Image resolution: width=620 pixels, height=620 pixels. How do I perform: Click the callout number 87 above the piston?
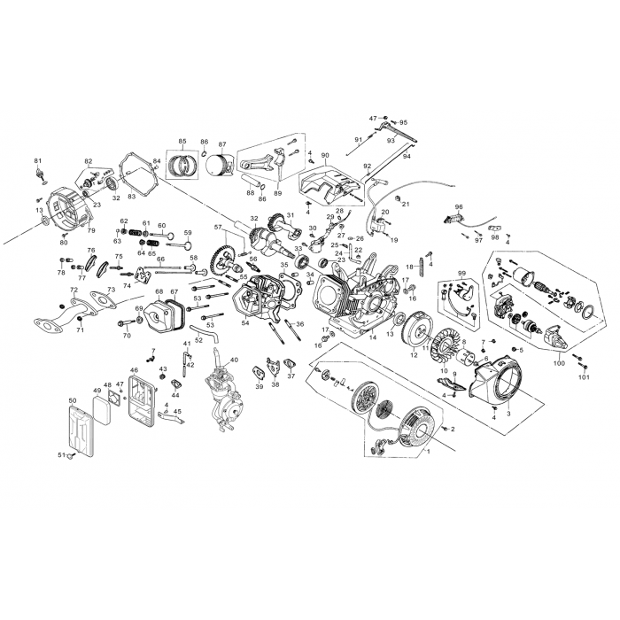222,144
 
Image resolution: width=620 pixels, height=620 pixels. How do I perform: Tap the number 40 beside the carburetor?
234,360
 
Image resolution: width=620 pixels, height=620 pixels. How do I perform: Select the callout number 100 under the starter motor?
560,363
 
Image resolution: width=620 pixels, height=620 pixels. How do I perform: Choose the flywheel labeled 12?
419,331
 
